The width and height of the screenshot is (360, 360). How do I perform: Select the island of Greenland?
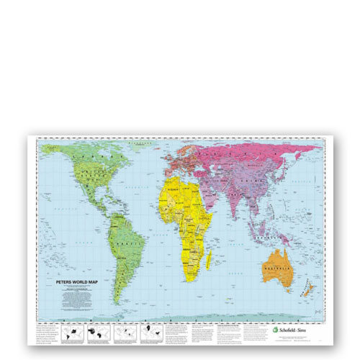[x=137, y=149]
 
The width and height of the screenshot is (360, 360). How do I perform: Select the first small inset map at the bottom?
[x=73, y=333]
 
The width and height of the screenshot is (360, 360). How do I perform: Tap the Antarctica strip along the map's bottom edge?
[x=180, y=318]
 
